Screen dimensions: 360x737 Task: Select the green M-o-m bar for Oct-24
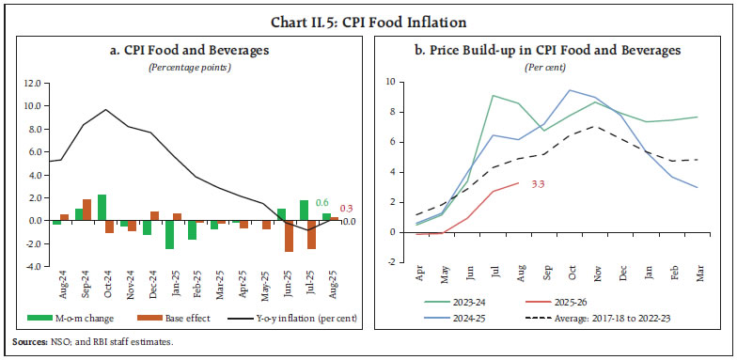click(x=102, y=208)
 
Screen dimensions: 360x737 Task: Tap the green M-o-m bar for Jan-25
click(x=169, y=235)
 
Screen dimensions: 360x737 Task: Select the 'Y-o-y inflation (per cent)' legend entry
click(x=288, y=320)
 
